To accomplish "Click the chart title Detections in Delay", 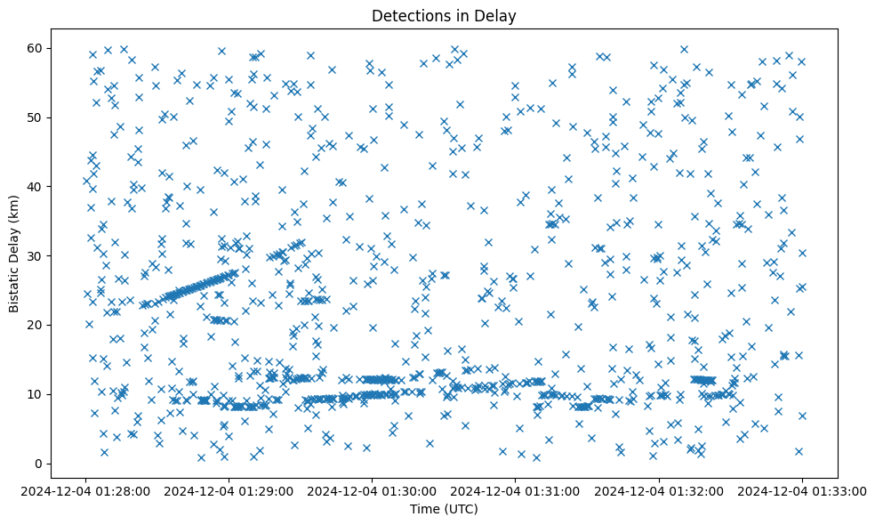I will click(x=444, y=16).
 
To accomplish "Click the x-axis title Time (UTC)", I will click(x=444, y=509).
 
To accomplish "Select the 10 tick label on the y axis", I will click(x=36, y=394).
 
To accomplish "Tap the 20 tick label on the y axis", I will click(x=36, y=325).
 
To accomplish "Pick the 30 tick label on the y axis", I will click(x=36, y=255).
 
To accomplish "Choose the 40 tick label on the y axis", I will click(x=36, y=187).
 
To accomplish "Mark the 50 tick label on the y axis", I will click(x=36, y=117).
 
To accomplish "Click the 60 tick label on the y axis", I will click(x=36, y=48).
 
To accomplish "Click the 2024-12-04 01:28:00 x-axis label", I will click(x=86, y=489).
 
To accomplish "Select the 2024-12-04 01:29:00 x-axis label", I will click(x=229, y=489).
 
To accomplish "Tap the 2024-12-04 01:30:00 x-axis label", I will click(x=372, y=489).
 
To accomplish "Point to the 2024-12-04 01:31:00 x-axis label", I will click(x=515, y=489).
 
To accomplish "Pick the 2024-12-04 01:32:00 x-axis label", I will click(x=658, y=489).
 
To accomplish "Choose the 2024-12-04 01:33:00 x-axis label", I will click(x=801, y=489).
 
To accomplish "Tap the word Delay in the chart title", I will click(x=498, y=16).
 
